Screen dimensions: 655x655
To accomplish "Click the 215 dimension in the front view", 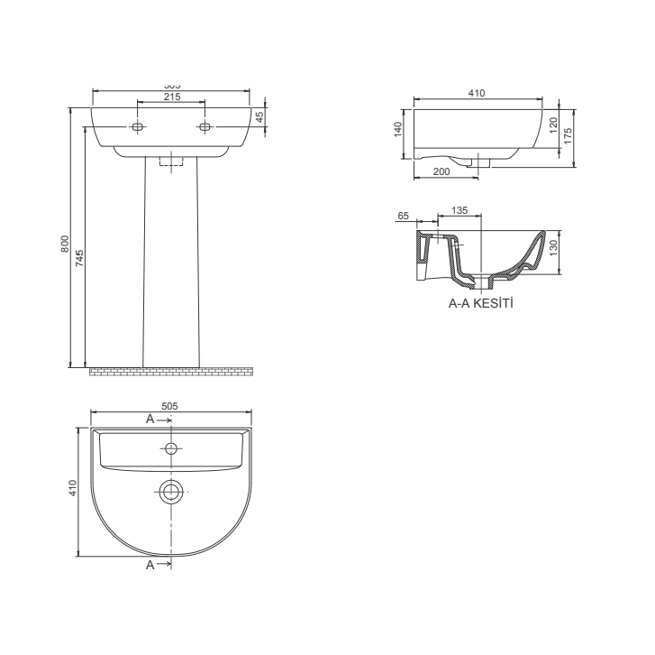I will point(171,97).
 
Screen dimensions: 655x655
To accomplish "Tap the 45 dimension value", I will point(259,116).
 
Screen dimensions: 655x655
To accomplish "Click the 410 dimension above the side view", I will point(477,91).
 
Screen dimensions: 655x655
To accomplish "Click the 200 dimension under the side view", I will point(442,171).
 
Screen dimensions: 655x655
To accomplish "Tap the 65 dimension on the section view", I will point(403,217).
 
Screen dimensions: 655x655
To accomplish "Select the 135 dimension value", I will point(459,210).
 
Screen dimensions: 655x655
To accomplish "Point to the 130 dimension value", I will point(552,246).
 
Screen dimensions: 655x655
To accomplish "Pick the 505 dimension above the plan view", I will point(168,406).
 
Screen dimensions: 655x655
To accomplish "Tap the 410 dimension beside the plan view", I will point(74,487).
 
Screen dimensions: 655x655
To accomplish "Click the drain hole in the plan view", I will point(170,491).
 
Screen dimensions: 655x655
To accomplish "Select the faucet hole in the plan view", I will point(170,448).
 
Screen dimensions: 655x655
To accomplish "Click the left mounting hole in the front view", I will point(137,127).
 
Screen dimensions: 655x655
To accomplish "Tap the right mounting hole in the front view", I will point(205,127).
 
